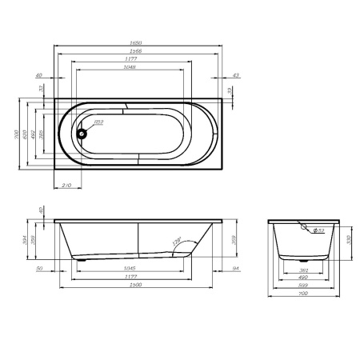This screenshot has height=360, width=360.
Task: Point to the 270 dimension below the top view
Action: (x=67, y=185)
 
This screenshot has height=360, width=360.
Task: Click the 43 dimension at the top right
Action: (x=234, y=75)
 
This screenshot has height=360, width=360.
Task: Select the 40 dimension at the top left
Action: (x=38, y=75)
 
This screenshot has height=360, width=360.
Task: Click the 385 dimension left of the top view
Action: (x=42, y=134)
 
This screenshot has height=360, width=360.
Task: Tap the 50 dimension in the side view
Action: (x=38, y=268)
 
